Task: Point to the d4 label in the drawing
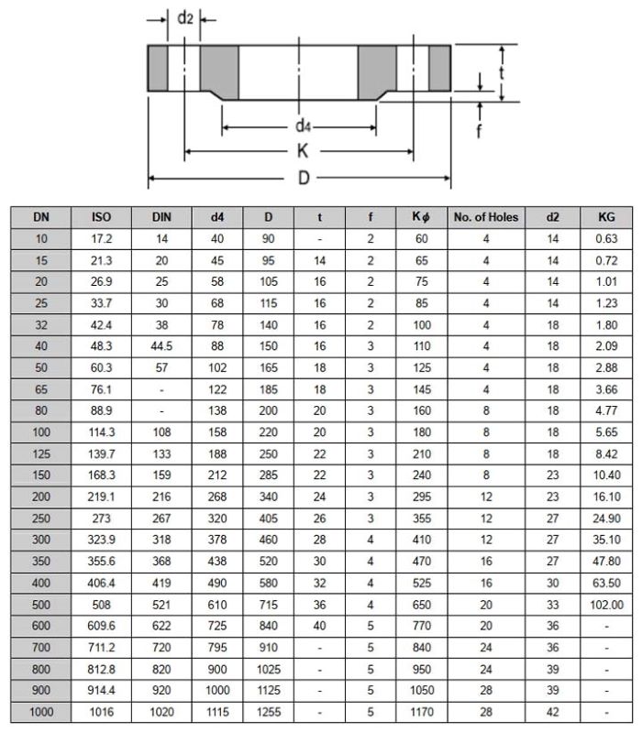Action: point(301,124)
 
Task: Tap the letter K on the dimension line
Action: point(301,150)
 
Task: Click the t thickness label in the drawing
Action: point(502,71)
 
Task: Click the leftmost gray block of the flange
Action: point(159,68)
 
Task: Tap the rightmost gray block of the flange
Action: point(438,68)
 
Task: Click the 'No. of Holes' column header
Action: point(485,217)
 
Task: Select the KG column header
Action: point(606,217)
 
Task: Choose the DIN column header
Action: point(161,217)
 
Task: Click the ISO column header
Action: point(101,217)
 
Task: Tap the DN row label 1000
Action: point(40,710)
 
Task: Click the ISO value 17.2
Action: point(101,239)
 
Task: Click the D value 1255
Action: point(269,710)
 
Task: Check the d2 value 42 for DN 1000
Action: point(552,710)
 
